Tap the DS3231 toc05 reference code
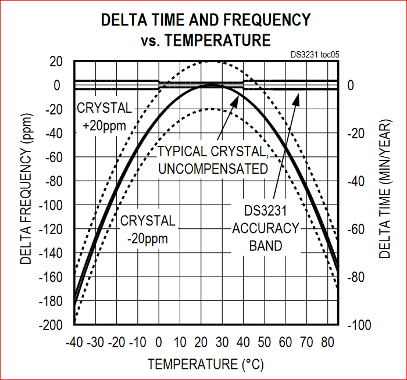pyautogui.click(x=315, y=54)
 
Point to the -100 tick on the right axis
pyautogui.click(x=359, y=325)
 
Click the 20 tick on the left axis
pyautogui.click(x=56, y=62)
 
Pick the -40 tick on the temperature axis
pyautogui.click(x=76, y=339)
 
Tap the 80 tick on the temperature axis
pyautogui.click(x=327, y=339)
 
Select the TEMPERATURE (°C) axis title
pyautogui.click(x=206, y=364)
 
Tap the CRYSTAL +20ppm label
pyautogui.click(x=105, y=117)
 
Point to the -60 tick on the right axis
pyautogui.click(x=356, y=229)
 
